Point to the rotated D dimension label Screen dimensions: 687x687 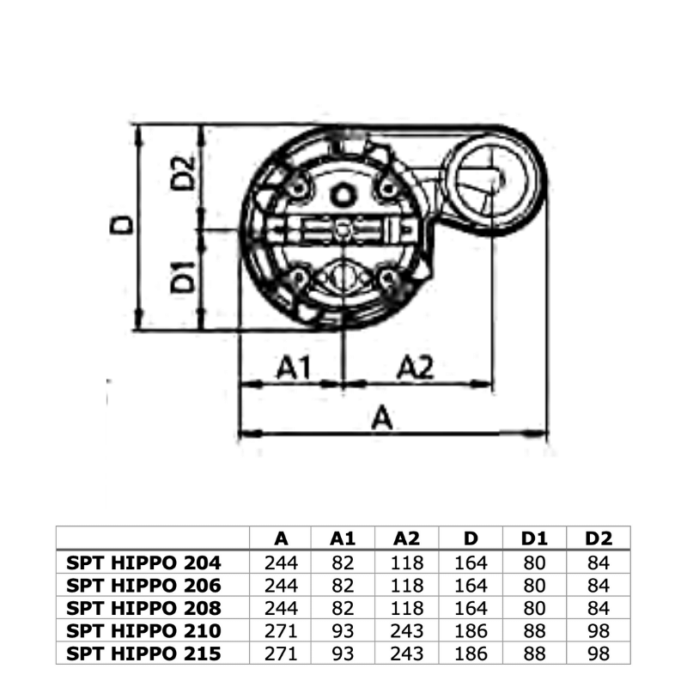click(125, 224)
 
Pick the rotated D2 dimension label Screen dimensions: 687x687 click(183, 173)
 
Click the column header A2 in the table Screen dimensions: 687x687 click(408, 538)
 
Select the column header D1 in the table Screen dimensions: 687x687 click(535, 538)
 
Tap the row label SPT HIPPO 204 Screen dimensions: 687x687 click(143, 563)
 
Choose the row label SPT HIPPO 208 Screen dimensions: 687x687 click(143, 608)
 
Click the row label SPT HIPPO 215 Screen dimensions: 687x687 click(143, 654)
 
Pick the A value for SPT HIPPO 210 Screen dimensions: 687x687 click(281, 631)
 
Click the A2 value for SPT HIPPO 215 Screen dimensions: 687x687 click(408, 654)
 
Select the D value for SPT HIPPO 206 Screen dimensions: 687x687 click(471, 586)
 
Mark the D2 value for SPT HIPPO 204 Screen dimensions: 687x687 click(599, 563)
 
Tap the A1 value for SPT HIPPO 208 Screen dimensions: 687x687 click(343, 608)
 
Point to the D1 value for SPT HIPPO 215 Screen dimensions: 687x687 click(535, 654)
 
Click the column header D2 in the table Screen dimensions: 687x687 click(599, 538)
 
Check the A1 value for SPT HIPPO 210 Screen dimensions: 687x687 click(343, 631)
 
